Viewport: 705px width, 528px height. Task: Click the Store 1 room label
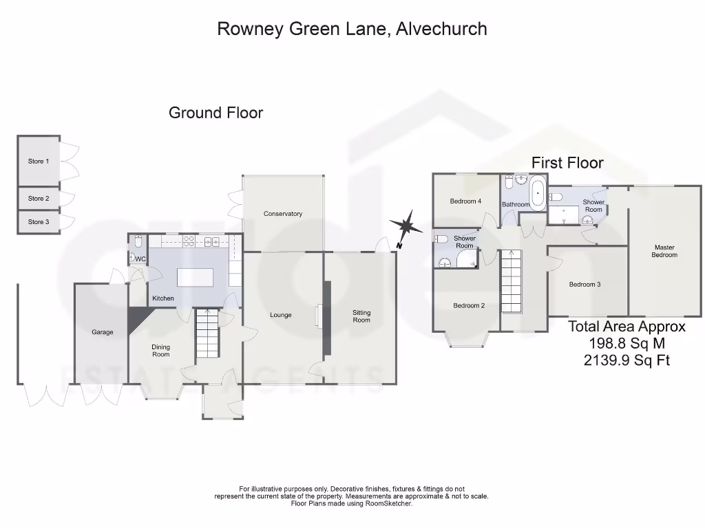coord(39,162)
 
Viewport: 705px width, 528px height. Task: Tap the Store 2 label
coord(39,199)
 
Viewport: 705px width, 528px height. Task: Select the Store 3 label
coord(39,222)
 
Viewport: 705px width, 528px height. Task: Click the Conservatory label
coord(283,214)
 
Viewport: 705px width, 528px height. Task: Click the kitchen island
coord(195,278)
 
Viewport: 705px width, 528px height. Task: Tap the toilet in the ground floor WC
coord(138,242)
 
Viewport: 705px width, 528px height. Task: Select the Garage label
coord(102,332)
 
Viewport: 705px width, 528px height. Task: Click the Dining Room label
coord(160,351)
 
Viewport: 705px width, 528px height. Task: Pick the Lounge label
coord(281,315)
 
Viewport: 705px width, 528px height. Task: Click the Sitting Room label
coord(361,316)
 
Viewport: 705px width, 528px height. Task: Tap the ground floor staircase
coord(207,333)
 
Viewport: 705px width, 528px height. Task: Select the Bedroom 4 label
coord(465,201)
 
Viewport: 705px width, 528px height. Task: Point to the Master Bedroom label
coord(664,251)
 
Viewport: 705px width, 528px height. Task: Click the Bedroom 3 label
coord(585,284)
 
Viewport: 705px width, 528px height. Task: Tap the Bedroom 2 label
coord(468,305)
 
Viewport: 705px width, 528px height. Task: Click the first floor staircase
coord(511,282)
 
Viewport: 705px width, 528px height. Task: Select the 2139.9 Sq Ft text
coord(627,360)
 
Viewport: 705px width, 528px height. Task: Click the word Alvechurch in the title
coord(442,29)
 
